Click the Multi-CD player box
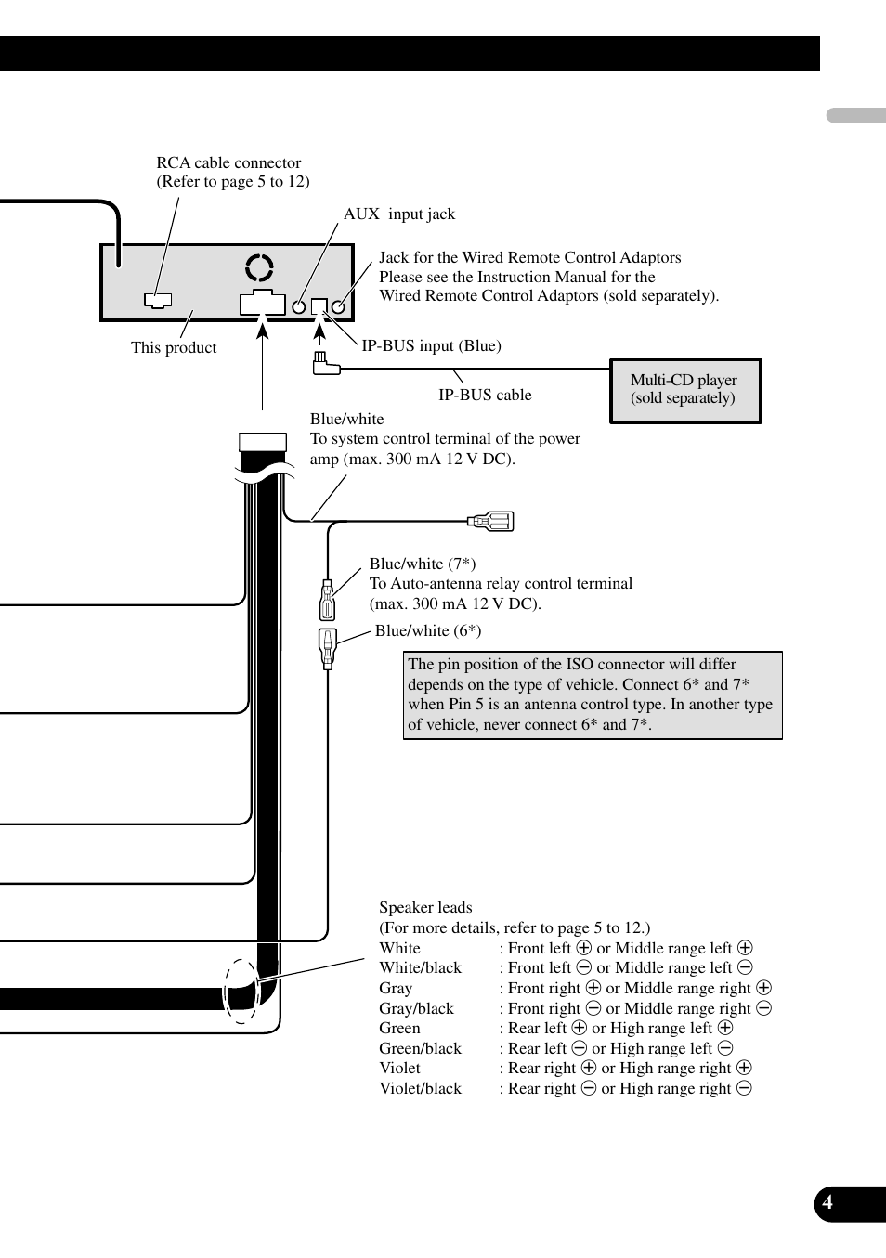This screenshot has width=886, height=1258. point(685,390)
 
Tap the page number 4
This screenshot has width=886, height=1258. point(827,1203)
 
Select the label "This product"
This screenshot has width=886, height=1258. point(174,347)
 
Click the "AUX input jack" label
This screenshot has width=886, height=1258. point(399,214)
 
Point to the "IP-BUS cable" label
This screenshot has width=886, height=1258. point(485,395)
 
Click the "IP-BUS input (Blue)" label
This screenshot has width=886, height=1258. point(431,345)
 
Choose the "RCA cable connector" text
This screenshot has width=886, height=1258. point(228,163)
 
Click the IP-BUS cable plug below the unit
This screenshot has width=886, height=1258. point(324,364)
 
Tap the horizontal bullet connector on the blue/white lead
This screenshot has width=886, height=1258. point(491,521)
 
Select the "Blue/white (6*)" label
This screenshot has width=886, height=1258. point(427,631)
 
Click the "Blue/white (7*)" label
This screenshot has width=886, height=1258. point(423,564)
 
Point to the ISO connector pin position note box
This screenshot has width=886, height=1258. point(593,694)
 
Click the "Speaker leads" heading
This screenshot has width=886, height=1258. point(425,908)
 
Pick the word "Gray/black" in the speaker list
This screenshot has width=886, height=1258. point(416,1008)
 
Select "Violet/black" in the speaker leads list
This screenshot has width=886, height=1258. point(420,1088)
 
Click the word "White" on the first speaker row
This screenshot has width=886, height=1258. point(399,948)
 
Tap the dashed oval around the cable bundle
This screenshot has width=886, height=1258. point(241,991)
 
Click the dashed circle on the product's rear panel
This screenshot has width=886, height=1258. point(259,267)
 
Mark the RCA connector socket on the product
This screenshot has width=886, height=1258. point(158,301)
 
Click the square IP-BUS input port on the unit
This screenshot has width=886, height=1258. point(319,305)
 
